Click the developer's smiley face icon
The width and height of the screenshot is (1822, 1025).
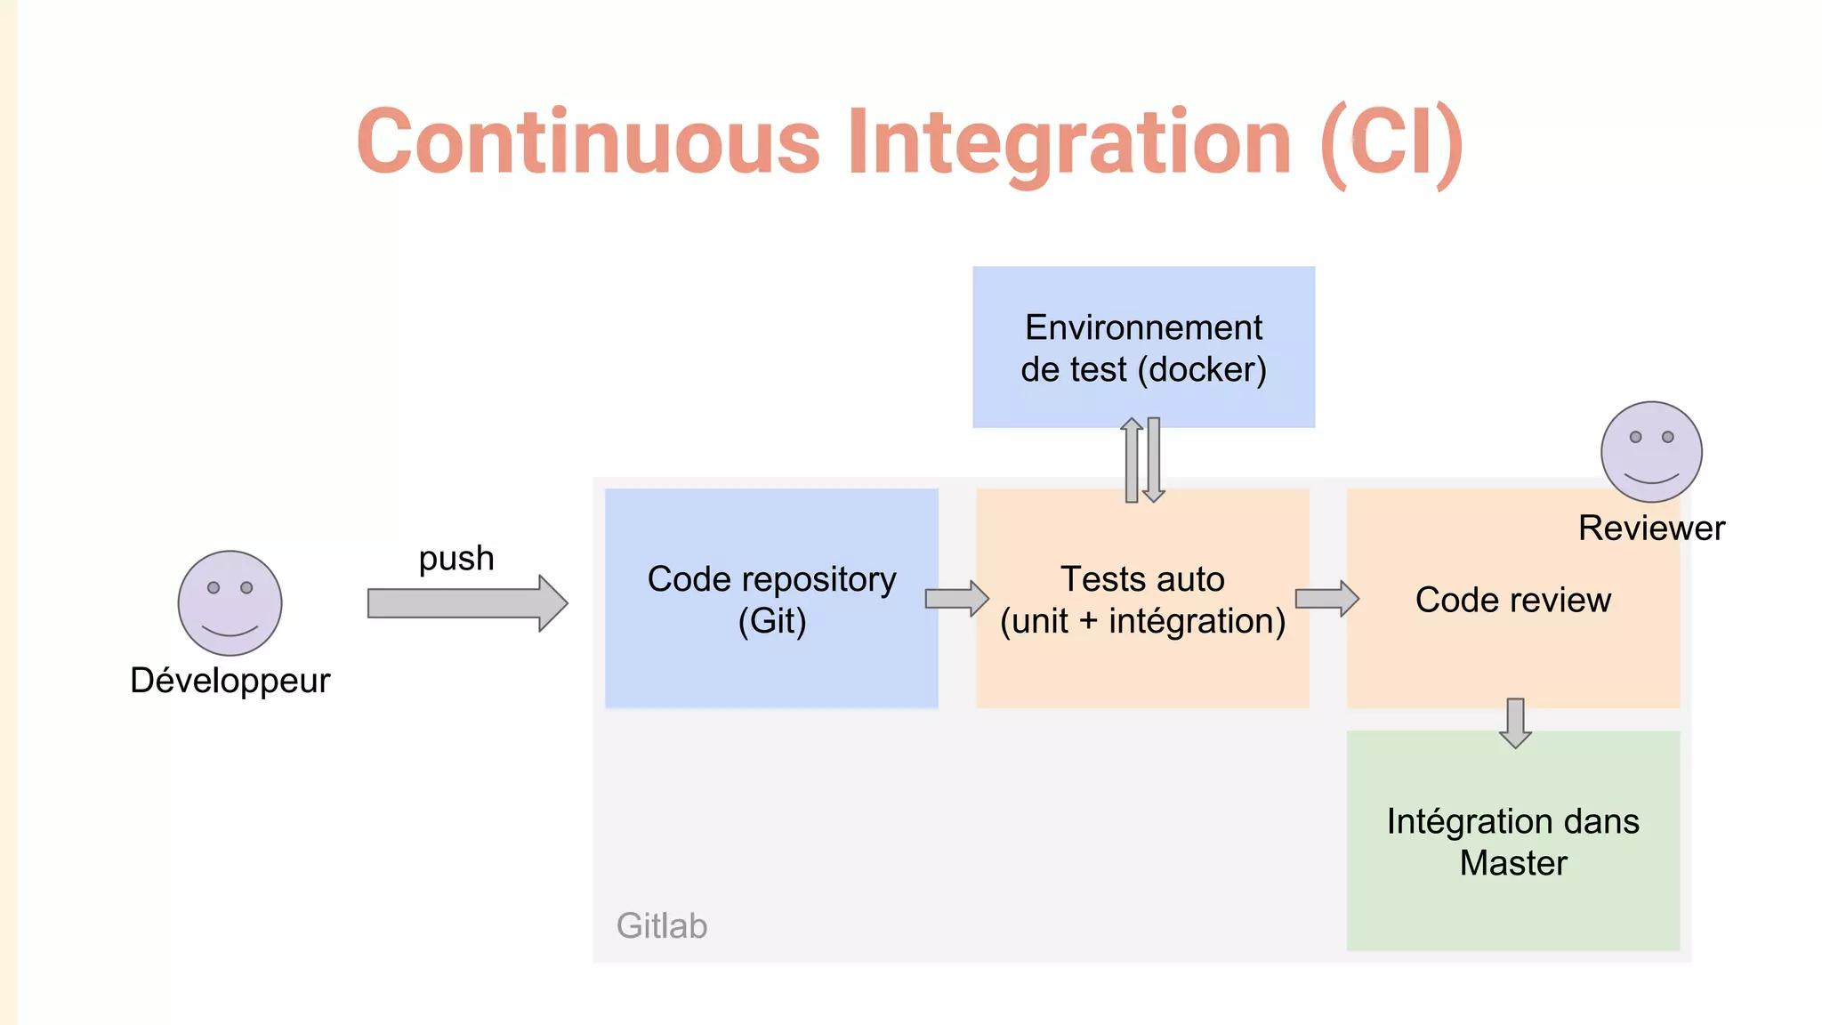point(230,603)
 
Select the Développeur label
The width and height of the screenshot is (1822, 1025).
point(230,681)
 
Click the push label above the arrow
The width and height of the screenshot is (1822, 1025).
point(456,559)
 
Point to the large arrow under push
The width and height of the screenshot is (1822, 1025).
point(467,603)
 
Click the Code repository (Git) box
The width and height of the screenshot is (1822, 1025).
point(771,599)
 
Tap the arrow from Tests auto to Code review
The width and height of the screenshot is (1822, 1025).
point(1326,599)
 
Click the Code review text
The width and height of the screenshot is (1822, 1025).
point(1512,601)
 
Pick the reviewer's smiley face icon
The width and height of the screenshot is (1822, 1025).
point(1651,452)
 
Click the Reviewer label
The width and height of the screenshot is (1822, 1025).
point(1651,529)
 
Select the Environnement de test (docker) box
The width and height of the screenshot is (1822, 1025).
point(1143,347)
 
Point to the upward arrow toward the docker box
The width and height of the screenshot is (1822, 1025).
point(1132,460)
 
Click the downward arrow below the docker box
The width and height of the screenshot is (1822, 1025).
point(1154,460)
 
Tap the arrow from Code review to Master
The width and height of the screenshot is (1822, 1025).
point(1515,722)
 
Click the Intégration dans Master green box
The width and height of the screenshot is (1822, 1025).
point(1512,841)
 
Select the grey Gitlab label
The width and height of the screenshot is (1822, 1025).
point(662,926)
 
